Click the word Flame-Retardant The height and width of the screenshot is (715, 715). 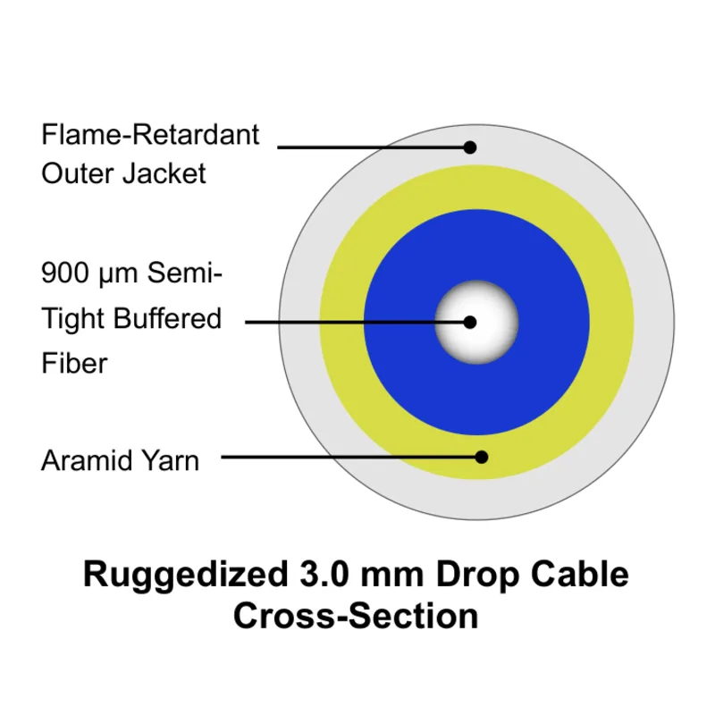tap(150, 136)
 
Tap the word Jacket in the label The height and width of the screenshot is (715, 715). tap(166, 172)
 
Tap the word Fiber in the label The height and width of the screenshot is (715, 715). tap(74, 363)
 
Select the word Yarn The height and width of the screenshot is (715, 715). tap(172, 461)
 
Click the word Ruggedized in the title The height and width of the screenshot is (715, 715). tap(181, 573)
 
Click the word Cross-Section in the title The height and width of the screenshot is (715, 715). tap(356, 616)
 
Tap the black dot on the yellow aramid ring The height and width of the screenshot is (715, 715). tap(481, 457)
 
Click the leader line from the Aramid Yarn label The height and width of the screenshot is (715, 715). tap(349, 457)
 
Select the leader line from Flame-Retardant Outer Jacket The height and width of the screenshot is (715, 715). tap(371, 147)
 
